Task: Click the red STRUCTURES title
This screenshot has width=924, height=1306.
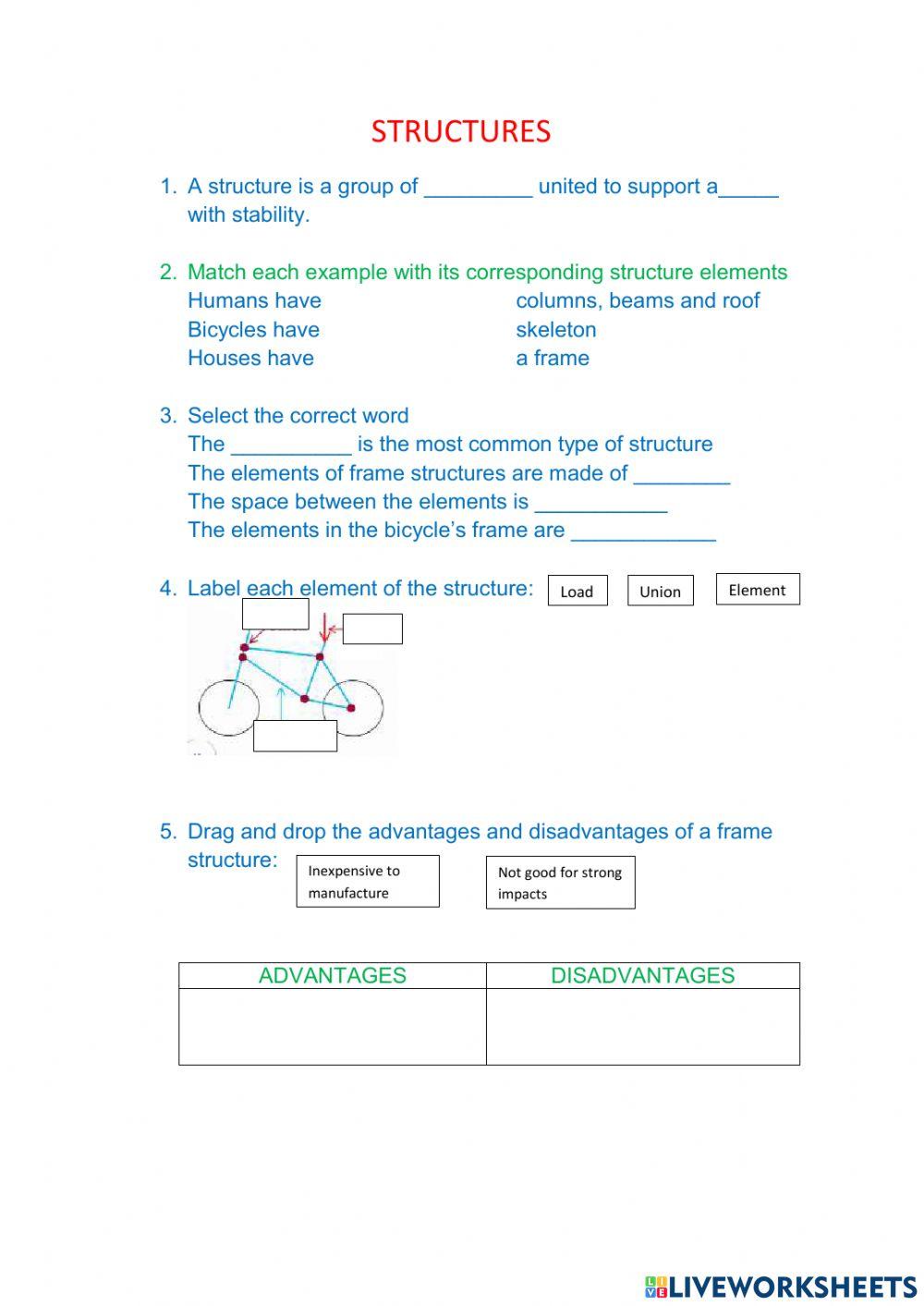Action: click(460, 131)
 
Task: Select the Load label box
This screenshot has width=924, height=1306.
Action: click(577, 591)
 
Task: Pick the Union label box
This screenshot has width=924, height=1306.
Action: click(660, 591)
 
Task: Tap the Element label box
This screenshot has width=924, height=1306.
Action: click(757, 590)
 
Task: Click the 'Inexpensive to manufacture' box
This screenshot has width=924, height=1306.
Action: click(367, 882)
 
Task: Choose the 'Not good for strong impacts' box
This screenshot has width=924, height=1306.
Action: click(560, 883)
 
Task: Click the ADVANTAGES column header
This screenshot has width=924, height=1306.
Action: click(332, 975)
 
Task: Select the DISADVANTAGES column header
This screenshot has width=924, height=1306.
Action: click(642, 975)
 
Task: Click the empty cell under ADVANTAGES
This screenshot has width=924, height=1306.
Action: click(332, 1026)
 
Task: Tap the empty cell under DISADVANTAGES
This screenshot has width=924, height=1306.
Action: click(642, 1026)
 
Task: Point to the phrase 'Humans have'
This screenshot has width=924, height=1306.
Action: click(254, 300)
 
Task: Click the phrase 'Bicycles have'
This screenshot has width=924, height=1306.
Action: click(253, 330)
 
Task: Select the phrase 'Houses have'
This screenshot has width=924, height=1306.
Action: click(250, 359)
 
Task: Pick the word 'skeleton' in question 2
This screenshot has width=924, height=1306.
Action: click(555, 330)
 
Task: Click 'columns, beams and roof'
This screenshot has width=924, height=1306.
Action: click(638, 300)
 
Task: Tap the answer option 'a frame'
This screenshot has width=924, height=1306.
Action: click(552, 359)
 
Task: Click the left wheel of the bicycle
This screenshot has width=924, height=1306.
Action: click(228, 708)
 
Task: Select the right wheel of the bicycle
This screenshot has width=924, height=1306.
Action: click(353, 708)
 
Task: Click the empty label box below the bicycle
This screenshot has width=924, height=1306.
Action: click(295, 736)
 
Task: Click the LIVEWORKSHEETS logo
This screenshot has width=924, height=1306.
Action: click(780, 1286)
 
